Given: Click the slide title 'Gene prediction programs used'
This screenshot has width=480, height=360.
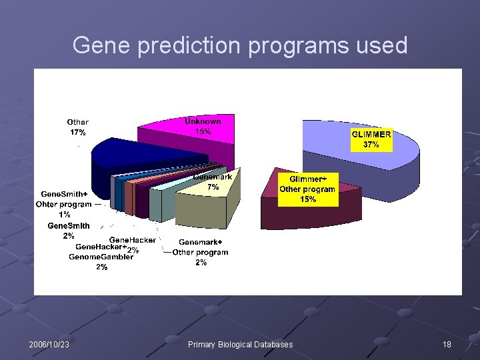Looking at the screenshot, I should coord(239,45).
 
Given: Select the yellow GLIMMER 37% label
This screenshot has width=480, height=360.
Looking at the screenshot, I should coord(371,139).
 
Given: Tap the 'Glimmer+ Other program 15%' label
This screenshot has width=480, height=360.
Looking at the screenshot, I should coord(307,189).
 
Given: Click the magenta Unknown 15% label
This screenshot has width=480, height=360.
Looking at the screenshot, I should coord(203,126).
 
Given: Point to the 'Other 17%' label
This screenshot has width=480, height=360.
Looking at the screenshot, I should coord(77,127).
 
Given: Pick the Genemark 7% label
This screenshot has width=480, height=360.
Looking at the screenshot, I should coord(213,182).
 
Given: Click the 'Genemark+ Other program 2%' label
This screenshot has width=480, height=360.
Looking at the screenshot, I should coord(200,252).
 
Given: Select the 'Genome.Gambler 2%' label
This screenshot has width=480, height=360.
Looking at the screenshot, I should coord(101,261).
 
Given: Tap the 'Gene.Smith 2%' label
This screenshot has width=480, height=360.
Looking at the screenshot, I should coord(69,231).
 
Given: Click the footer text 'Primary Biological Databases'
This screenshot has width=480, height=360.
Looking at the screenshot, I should coord(240,344).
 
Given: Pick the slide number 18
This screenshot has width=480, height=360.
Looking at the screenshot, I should coord(446,344).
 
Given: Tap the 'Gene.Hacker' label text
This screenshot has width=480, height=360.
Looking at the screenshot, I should coord(133,240).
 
